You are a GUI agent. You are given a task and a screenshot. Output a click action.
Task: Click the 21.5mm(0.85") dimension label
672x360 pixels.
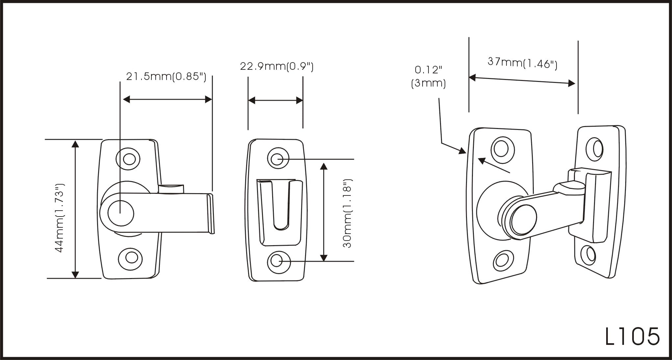[166, 77]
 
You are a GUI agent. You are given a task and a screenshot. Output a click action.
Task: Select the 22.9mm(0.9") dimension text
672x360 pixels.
[276, 66]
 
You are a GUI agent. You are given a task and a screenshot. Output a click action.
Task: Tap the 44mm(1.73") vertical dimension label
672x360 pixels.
[60, 218]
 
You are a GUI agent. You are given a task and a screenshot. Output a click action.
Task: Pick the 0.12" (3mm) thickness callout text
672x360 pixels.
[428, 76]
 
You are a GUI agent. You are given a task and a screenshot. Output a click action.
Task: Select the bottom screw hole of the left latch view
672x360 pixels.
[131, 257]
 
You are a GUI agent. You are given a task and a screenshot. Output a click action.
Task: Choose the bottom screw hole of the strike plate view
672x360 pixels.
[278, 262]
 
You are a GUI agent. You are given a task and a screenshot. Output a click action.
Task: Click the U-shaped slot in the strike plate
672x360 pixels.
[281, 207]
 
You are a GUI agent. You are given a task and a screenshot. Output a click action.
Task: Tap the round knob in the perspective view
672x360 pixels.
[523, 219]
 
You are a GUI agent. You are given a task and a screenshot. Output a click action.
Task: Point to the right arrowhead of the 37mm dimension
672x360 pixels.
[572, 83]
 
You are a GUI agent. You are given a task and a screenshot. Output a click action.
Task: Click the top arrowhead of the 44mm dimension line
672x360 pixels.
[75, 144]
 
